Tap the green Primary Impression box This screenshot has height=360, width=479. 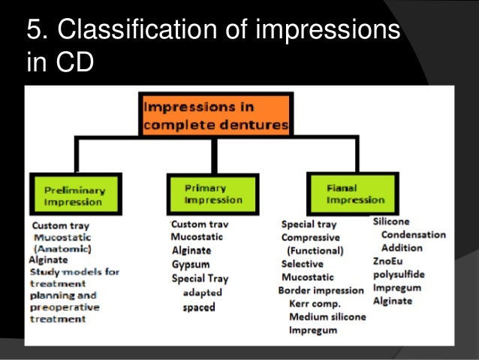212,194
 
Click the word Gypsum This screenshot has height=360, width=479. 191,265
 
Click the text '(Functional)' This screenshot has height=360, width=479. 315,251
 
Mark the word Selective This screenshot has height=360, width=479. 303,265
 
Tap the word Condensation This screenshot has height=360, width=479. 413,234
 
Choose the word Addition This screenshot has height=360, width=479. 402,248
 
